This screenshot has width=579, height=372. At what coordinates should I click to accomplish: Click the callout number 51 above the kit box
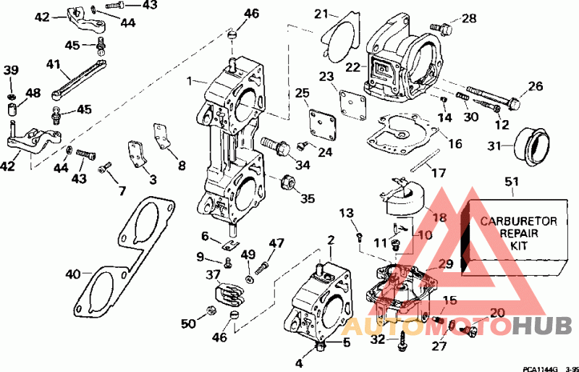point(512,182)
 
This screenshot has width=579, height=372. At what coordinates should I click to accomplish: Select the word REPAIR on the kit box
point(518,234)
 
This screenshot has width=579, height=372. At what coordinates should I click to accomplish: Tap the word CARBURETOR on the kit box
point(518,221)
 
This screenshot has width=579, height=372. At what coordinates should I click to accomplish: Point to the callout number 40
point(73,274)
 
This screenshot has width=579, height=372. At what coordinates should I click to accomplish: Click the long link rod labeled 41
point(79,80)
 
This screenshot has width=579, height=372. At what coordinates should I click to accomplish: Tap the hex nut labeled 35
point(287,182)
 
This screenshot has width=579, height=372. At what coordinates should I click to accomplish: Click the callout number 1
point(190,80)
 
